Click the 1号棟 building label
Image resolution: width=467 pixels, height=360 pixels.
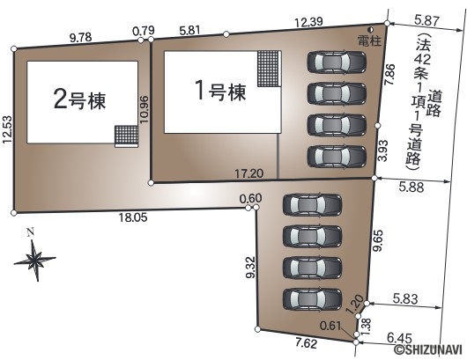click(220, 92)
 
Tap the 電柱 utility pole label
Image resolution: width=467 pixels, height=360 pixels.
click(369, 41)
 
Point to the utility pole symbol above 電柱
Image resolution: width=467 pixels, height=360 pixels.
click(371, 30)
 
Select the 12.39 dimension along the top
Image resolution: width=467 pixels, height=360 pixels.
click(308, 22)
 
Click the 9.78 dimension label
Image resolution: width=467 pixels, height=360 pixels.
click(80, 38)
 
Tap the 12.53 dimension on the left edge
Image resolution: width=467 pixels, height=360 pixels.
click(7, 129)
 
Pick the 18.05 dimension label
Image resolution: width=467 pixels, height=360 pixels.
click(133, 217)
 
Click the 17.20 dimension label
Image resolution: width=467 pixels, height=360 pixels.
click(249, 173)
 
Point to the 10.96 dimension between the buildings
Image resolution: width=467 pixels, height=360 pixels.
click(145, 109)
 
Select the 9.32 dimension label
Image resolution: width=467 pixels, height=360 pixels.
click(251, 268)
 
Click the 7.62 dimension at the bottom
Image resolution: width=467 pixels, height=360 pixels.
click(305, 343)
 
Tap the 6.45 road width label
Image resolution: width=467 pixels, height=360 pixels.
click(399, 338)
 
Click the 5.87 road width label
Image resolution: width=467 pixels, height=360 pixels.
click(426, 21)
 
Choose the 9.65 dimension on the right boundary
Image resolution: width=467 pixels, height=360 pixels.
click(379, 240)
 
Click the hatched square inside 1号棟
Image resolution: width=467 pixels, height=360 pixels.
click(270, 69)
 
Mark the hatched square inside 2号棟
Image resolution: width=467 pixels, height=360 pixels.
click(126, 135)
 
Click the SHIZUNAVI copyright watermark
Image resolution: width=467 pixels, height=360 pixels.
click(428, 350)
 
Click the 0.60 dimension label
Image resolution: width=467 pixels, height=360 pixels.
click(251, 198)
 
